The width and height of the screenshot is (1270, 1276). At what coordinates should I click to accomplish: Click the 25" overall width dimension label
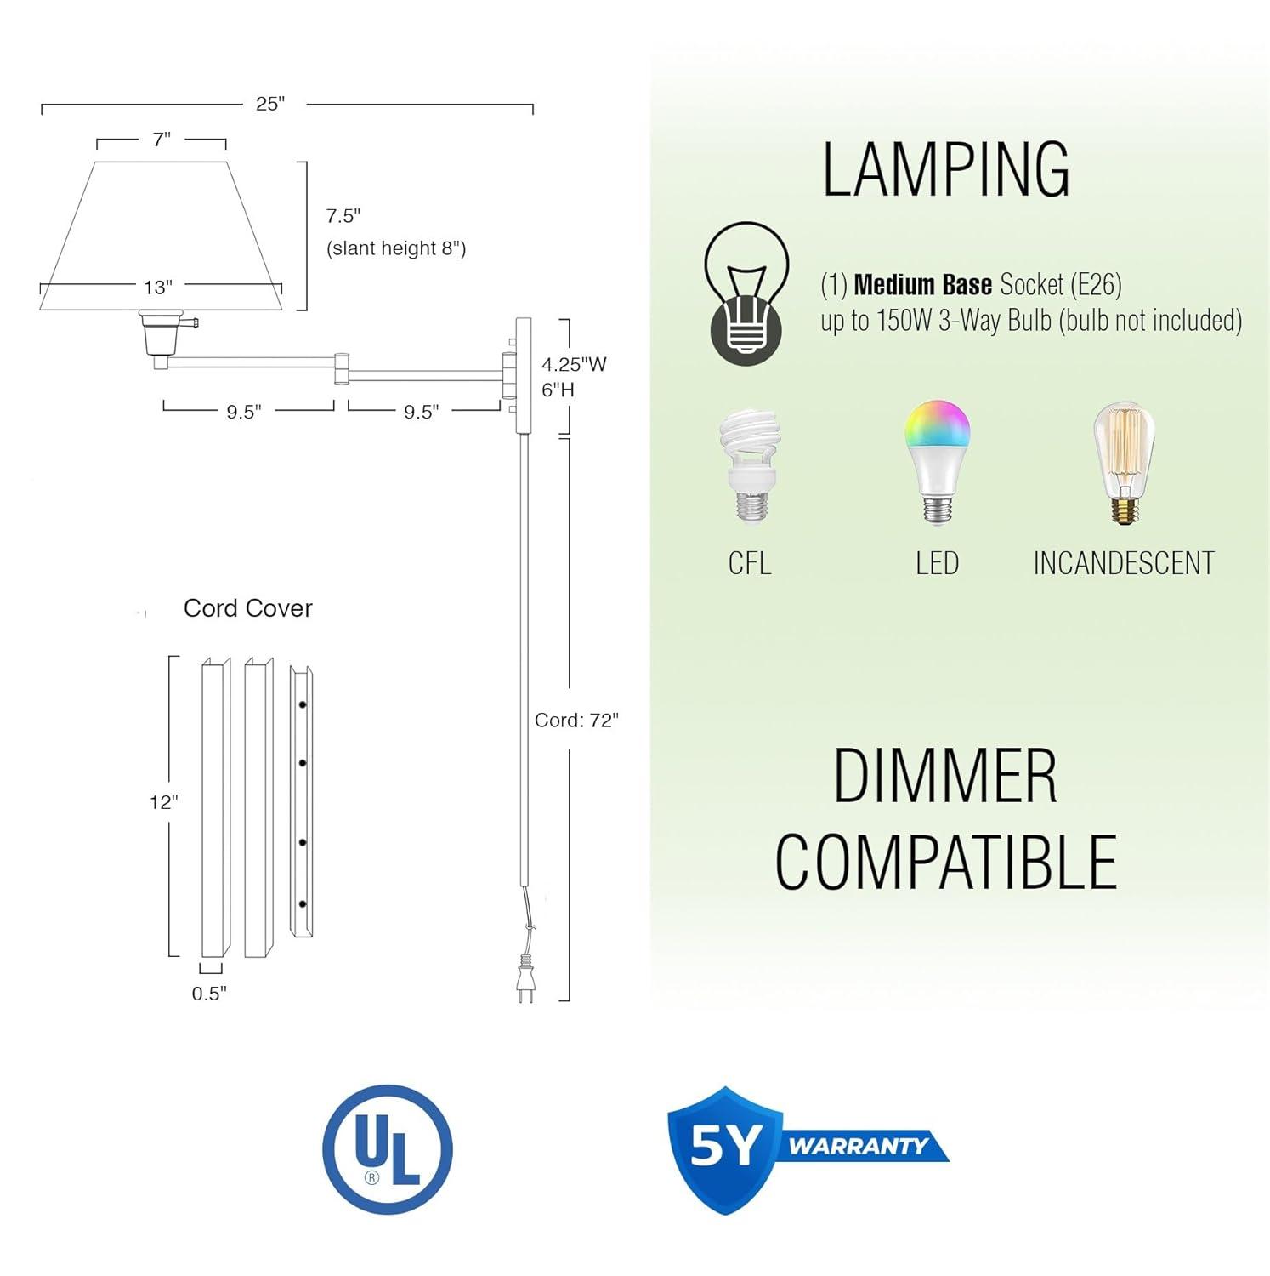270,104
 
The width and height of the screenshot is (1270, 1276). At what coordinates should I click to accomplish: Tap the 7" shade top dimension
162,140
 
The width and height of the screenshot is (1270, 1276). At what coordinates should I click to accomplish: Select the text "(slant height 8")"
396,248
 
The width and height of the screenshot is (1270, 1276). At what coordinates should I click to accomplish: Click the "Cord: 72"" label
576,721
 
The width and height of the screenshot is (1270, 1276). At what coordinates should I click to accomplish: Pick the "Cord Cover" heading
247,608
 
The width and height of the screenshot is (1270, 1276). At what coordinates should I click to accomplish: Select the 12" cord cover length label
163,802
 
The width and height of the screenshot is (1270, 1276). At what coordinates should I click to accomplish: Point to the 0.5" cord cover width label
209,994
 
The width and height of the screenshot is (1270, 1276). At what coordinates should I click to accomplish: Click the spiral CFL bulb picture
749,465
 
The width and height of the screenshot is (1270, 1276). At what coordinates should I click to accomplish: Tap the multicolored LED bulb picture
937,461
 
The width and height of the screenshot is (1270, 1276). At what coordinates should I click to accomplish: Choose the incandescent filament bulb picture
1124,464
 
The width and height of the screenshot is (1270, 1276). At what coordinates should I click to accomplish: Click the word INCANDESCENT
1123,563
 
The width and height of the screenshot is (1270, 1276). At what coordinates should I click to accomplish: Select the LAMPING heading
945,170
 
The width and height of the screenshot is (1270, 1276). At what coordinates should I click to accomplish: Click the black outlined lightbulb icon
746,292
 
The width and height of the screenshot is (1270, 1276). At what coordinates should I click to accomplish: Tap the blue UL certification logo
388,1150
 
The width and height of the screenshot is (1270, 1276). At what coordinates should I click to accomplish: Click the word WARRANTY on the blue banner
857,1146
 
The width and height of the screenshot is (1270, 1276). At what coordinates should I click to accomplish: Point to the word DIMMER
945,776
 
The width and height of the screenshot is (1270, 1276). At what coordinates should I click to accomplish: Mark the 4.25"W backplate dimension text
574,365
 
